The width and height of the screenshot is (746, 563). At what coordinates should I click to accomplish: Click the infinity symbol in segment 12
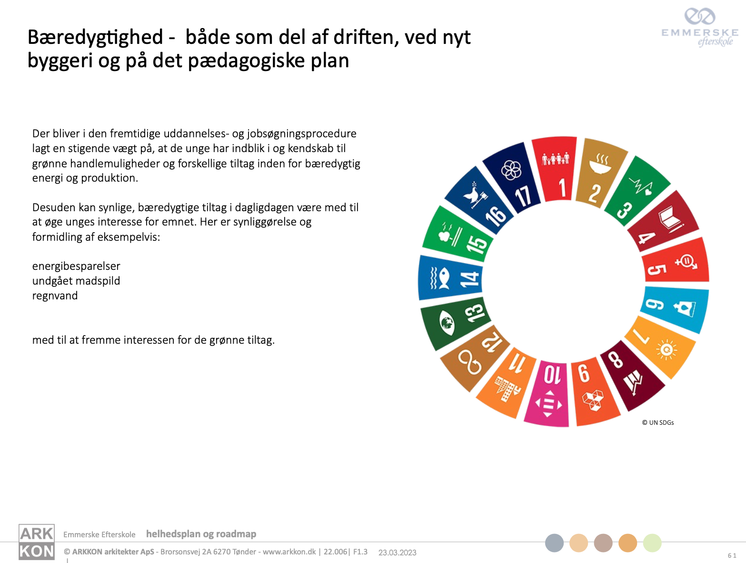pyautogui.click(x=469, y=363)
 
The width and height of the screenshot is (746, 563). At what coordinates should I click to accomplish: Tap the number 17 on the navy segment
pyautogui.click(x=523, y=196)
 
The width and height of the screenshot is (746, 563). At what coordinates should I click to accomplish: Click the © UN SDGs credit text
pyautogui.click(x=657, y=422)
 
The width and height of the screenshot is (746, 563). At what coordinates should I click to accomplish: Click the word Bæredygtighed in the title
pyautogui.click(x=95, y=37)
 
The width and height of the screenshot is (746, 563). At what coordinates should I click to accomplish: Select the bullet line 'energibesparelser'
pyautogui.click(x=76, y=266)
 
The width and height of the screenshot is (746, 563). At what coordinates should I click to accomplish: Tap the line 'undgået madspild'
pyautogui.click(x=76, y=281)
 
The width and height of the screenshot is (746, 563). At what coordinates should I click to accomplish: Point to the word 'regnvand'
pyautogui.click(x=55, y=296)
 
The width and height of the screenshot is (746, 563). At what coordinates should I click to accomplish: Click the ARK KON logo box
pyautogui.click(x=36, y=542)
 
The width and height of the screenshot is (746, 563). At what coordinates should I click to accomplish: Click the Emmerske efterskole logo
pyautogui.click(x=700, y=27)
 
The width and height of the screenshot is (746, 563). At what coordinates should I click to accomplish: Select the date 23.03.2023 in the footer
pyautogui.click(x=398, y=553)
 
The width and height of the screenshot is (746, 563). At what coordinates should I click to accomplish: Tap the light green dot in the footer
pyautogui.click(x=652, y=543)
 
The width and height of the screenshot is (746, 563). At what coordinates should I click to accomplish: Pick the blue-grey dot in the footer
pyautogui.click(x=554, y=543)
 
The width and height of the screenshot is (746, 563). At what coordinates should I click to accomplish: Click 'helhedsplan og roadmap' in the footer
pyautogui.click(x=201, y=534)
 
